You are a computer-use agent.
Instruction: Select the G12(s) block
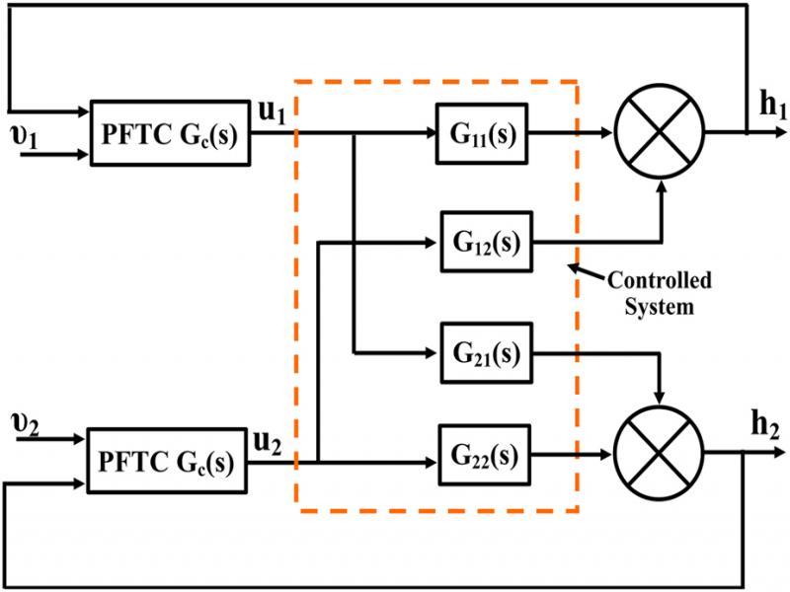486,241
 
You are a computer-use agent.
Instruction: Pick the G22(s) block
486,459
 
